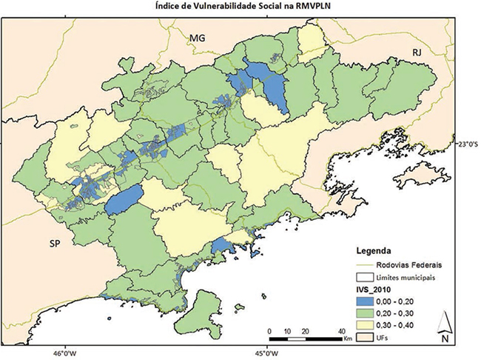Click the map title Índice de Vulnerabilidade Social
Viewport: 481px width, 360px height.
click(x=240, y=7)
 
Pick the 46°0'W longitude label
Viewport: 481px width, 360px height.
click(x=64, y=353)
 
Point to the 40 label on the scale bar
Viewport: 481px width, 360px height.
click(x=340, y=330)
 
